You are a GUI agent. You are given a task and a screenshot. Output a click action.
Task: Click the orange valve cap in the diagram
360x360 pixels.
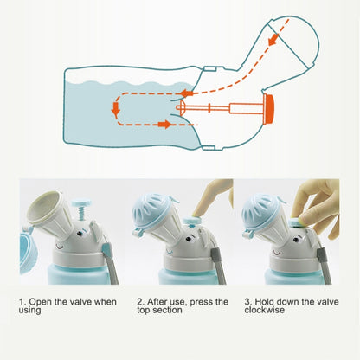click(268, 109)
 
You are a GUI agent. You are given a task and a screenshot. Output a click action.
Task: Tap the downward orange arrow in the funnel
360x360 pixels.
click(273, 40)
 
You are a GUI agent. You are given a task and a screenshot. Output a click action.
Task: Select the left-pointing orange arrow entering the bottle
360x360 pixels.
click(187, 93)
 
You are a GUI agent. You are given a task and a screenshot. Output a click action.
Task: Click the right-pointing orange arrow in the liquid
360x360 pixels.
click(164, 125)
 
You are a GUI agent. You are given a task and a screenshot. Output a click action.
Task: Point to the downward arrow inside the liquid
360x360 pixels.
click(116, 109)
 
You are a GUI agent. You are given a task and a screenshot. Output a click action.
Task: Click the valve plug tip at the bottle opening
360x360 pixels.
click(180, 108)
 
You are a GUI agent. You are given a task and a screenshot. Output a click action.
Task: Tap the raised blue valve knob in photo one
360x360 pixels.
click(81, 203)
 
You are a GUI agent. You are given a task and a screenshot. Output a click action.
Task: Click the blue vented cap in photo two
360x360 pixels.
click(151, 208)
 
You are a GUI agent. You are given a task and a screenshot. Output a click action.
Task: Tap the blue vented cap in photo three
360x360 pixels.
click(259, 210)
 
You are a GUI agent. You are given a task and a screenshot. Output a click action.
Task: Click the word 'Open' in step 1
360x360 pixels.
click(41, 302)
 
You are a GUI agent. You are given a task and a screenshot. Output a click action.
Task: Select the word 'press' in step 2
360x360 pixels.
click(202, 302)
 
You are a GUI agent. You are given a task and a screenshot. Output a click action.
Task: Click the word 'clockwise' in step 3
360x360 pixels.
click(265, 310)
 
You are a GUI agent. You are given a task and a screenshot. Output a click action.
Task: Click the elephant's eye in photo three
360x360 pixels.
click(296, 239)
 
